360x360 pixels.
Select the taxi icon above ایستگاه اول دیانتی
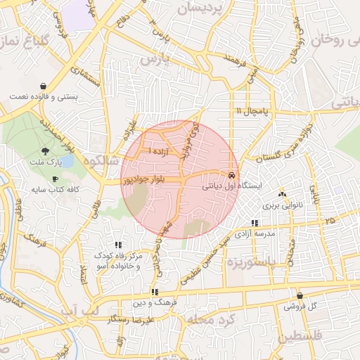tap(231, 174)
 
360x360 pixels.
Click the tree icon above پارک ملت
tap(46, 150)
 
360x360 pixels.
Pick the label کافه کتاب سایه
tap(56, 190)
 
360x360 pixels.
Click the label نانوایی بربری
tap(281, 205)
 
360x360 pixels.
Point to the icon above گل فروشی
tap(300, 296)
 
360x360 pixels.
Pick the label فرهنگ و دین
tap(154, 303)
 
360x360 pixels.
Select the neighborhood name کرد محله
tap(207, 320)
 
